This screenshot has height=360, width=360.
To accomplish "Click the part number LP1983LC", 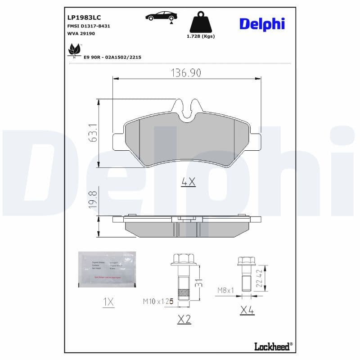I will [84, 18].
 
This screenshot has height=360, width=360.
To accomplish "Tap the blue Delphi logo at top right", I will [262, 24].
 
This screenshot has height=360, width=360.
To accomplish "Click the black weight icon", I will [201, 22].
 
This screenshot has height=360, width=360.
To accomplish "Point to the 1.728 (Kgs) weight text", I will [201, 36].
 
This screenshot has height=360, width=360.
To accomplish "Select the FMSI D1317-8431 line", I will [88, 26].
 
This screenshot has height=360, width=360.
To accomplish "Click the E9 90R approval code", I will [112, 58].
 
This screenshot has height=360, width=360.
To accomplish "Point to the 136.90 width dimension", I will [186, 72].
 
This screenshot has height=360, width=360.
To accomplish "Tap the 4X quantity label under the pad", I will [188, 182].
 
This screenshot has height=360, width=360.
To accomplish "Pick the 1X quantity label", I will [108, 302].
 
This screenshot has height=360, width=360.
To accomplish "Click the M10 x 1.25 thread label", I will [157, 301].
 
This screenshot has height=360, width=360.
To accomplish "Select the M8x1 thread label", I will [225, 290].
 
